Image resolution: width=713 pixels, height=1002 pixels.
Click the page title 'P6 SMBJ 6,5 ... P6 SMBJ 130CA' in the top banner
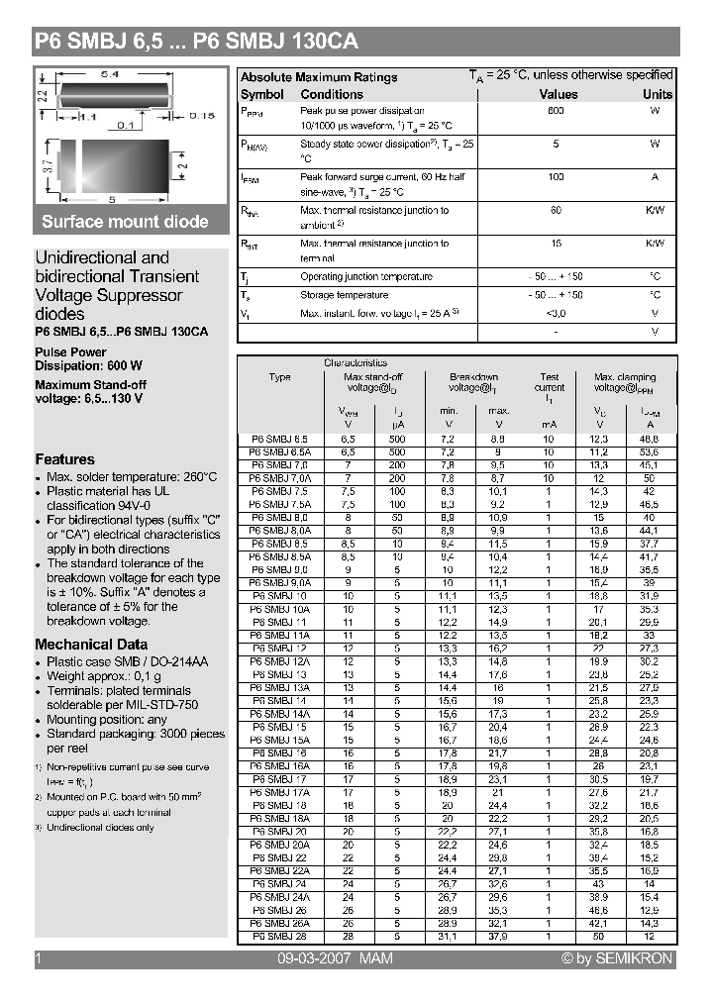click(x=196, y=42)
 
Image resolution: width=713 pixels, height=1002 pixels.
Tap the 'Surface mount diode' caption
click(x=125, y=222)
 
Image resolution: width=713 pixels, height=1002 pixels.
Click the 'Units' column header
click(x=657, y=94)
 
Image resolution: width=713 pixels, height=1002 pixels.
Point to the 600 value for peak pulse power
click(x=556, y=111)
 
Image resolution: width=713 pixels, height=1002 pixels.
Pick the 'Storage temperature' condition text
click(x=344, y=295)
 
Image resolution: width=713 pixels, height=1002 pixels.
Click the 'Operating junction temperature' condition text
click(x=365, y=277)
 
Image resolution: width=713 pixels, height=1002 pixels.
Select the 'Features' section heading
click(x=64, y=459)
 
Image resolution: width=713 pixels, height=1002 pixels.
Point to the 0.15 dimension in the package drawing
click(x=201, y=116)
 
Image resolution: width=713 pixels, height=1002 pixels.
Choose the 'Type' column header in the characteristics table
click(x=279, y=377)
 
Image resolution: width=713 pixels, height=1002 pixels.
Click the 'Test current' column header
click(x=550, y=382)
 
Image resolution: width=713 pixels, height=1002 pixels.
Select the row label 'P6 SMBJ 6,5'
click(x=279, y=438)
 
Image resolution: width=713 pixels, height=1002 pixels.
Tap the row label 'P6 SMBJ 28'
click(x=279, y=936)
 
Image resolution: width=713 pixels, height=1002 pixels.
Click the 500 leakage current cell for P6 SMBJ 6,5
click(x=397, y=438)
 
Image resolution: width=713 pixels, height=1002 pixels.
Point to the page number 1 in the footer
click(x=39, y=958)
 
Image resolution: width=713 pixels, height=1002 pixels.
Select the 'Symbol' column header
click(x=262, y=94)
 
